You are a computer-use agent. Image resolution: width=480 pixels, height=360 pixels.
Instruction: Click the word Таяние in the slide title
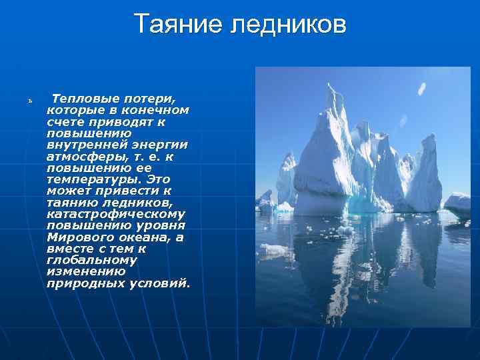click(x=178, y=25)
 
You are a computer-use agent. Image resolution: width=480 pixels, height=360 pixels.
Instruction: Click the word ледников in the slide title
click(x=289, y=25)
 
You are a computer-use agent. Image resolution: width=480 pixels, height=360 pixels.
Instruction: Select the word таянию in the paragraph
click(x=74, y=203)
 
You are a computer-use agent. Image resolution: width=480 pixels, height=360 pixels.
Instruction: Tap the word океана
click(x=143, y=237)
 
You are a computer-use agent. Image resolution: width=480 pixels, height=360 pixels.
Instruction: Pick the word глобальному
click(x=91, y=260)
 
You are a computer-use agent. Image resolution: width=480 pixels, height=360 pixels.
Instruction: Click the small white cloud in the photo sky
click(x=421, y=89)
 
